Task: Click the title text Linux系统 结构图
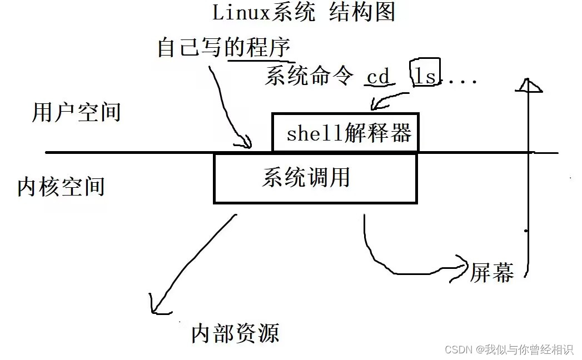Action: tap(304, 12)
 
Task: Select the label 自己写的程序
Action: tap(223, 47)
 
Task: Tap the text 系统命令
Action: tap(309, 76)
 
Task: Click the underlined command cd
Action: tap(379, 77)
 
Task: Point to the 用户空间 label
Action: tap(76, 112)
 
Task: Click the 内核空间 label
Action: tap(61, 187)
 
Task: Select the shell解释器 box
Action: tap(345, 133)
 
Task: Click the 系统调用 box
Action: tap(315, 178)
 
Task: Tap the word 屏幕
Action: tap(492, 272)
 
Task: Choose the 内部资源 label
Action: tap(235, 333)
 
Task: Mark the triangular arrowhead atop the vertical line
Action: tap(528, 86)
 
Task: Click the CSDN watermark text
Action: tap(509, 349)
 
